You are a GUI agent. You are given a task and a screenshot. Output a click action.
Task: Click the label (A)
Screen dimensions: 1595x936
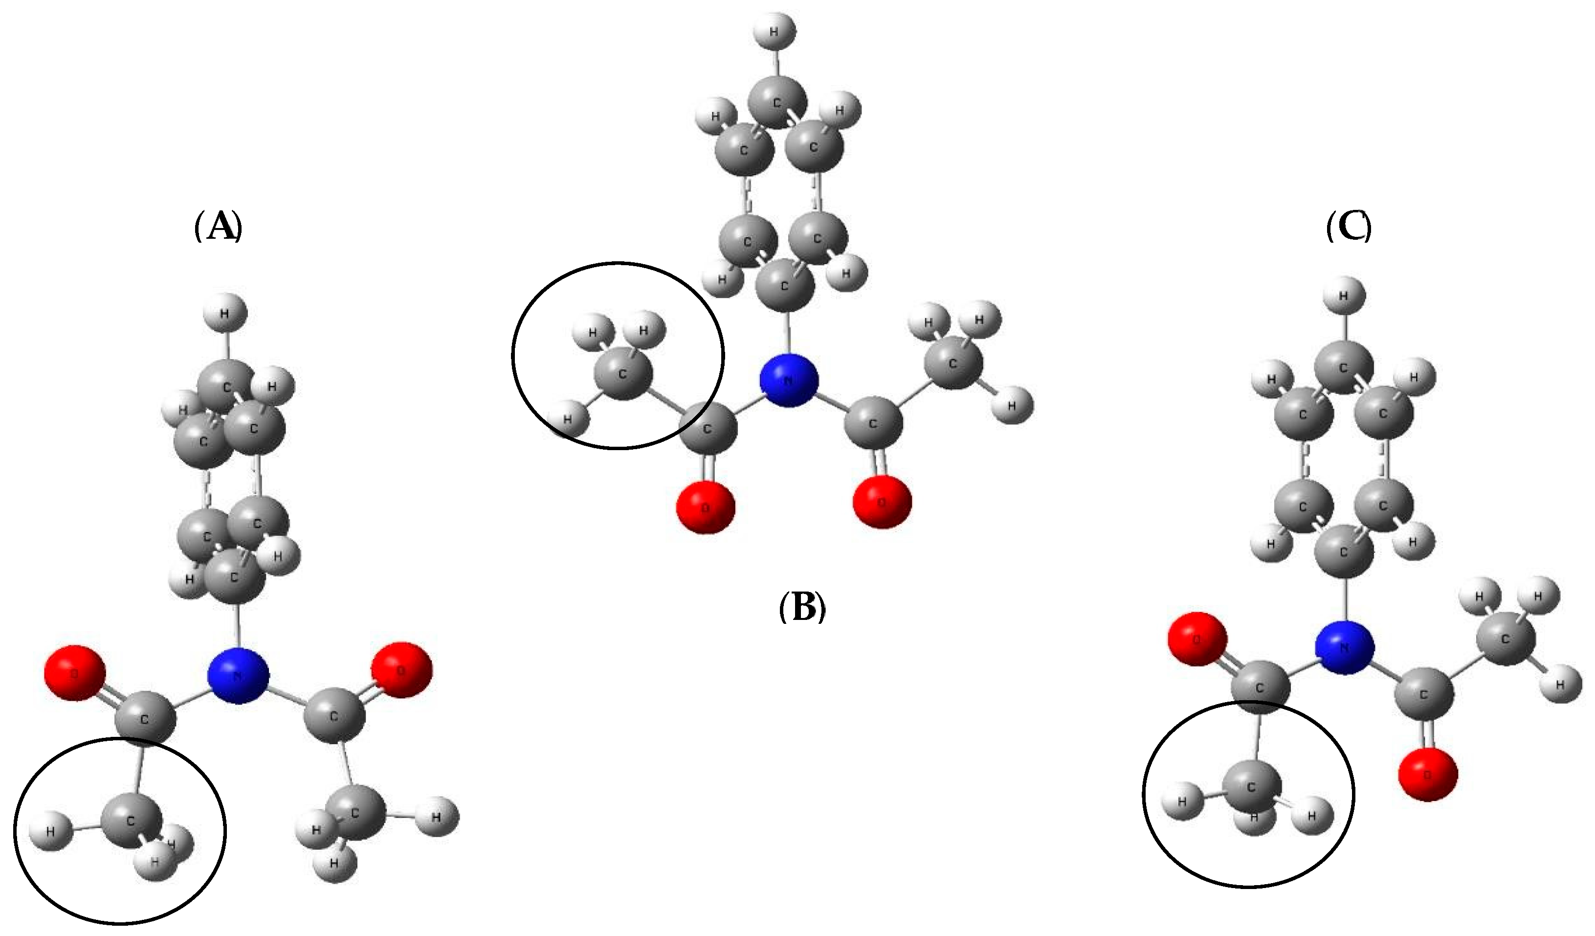click(218, 226)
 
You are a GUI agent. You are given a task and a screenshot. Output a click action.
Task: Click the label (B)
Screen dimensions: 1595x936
click(802, 607)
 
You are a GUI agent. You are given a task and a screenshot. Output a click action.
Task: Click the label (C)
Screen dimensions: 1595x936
click(1349, 226)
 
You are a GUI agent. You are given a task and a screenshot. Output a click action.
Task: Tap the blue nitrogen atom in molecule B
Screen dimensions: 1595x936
click(789, 380)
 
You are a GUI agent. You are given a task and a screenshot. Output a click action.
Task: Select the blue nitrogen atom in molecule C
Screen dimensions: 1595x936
click(1344, 648)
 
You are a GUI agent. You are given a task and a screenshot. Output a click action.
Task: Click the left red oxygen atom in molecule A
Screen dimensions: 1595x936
click(75, 673)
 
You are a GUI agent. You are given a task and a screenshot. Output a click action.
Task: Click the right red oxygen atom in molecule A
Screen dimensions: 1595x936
click(402, 670)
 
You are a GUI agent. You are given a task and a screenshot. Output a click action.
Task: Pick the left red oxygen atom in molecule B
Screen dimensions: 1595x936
click(706, 506)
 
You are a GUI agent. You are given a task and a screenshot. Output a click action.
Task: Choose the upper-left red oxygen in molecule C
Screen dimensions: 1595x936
click(1197, 639)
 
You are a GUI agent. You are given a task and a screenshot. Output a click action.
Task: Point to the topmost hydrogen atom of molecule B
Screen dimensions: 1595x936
click(775, 30)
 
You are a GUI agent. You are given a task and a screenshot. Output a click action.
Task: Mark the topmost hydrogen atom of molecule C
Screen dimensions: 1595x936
click(1344, 296)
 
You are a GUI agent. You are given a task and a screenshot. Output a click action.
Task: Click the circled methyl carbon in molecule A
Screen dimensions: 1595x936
click(132, 820)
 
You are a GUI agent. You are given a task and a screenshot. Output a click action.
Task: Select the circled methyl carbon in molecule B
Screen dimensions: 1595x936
click(623, 374)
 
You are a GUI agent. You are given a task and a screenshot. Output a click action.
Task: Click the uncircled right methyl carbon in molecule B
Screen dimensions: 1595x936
click(953, 364)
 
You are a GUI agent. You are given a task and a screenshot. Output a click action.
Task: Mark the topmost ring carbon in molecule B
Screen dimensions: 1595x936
click(778, 101)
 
